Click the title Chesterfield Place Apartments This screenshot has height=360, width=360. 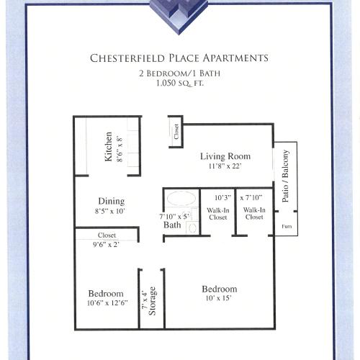[x=179, y=58]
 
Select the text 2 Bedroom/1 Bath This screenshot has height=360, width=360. [x=179, y=73]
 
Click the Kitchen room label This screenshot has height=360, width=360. [x=109, y=146]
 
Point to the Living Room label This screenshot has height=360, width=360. [x=225, y=156]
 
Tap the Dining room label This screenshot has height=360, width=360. [x=111, y=202]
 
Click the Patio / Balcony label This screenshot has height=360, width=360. [x=286, y=176]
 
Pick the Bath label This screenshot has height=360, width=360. [x=172, y=225]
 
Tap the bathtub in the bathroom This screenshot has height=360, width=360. [x=181, y=199]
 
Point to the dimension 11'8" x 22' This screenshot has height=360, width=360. [x=225, y=166]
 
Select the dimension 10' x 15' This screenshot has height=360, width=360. [x=220, y=299]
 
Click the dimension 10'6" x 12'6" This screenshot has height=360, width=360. [x=106, y=304]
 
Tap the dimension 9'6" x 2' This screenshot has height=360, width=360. [x=107, y=245]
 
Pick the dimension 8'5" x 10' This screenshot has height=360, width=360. [x=111, y=212]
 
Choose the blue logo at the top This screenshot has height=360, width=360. [x=179, y=12]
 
